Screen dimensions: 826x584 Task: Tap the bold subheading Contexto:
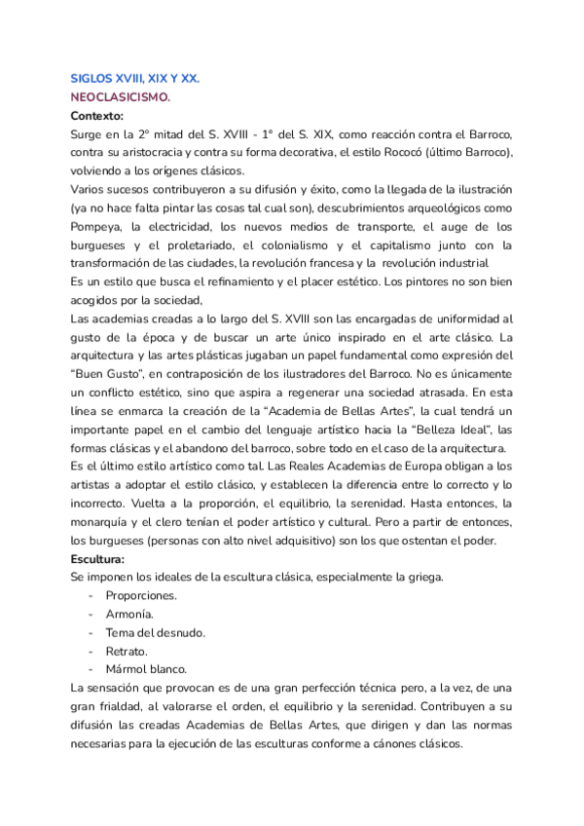[x=97, y=115]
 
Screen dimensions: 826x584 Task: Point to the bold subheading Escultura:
[x=98, y=558]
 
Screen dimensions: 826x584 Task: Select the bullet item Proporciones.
[x=142, y=594]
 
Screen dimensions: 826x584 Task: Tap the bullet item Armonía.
[x=129, y=613]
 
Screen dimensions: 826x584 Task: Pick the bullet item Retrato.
[x=127, y=650]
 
